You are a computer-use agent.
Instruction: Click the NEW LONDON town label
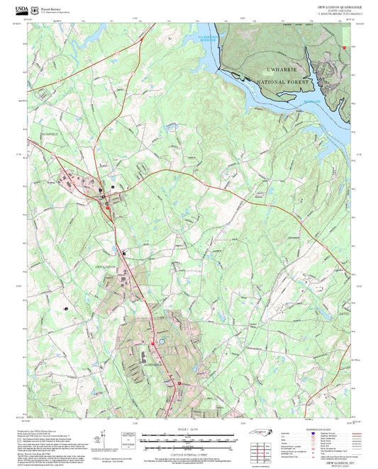tap(105, 266)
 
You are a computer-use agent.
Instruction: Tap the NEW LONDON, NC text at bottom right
tap(338, 460)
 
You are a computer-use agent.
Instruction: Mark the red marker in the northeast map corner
tap(345, 47)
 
